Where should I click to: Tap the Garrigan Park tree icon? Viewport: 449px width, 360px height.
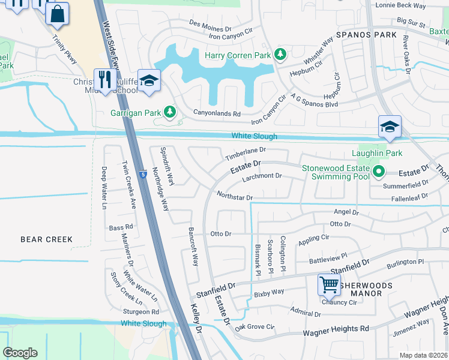[x=170, y=112]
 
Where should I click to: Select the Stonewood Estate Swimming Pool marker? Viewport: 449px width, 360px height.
[x=378, y=172]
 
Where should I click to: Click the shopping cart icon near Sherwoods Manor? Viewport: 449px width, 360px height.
[x=329, y=285]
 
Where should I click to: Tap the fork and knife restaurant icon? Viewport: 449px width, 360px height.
[x=106, y=79]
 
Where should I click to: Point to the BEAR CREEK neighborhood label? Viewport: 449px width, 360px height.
[x=47, y=239]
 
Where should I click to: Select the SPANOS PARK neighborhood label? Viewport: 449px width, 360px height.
[x=366, y=35]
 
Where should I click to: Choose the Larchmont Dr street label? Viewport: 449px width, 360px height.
[x=262, y=176]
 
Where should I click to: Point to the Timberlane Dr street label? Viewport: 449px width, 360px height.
[x=245, y=154]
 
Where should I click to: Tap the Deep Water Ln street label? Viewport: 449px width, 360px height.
[x=104, y=187]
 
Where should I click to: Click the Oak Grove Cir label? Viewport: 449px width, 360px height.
[x=254, y=327]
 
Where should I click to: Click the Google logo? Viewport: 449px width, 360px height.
[x=20, y=353]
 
